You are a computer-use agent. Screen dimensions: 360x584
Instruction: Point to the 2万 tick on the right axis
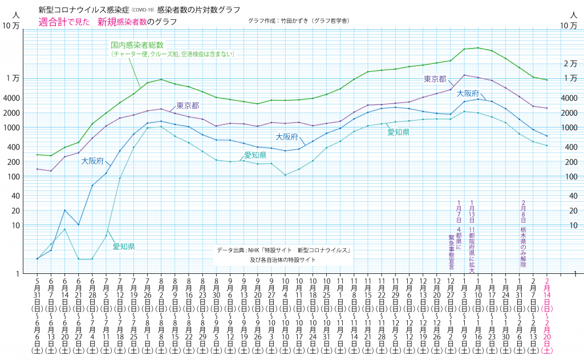[570, 63]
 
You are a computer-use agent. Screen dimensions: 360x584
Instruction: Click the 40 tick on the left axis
[13, 196]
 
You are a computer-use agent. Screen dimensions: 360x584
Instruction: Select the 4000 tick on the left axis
[11, 98]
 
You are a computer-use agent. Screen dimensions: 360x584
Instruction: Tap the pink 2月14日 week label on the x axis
[548, 308]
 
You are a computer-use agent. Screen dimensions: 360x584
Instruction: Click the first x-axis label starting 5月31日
[37, 308]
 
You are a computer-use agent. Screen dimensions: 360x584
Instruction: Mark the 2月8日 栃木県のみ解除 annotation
[523, 234]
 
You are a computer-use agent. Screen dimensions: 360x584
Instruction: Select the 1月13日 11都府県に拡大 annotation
[472, 234]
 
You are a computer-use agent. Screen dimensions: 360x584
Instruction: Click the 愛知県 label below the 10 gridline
[123, 246]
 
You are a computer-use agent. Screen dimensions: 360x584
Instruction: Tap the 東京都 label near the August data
[187, 106]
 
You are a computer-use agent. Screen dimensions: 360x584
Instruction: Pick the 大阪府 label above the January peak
[467, 92]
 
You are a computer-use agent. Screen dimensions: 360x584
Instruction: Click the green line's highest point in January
[477, 48]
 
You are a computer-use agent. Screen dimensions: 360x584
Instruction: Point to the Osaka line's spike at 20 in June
[65, 211]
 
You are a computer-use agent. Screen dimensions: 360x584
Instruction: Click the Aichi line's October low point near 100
[285, 175]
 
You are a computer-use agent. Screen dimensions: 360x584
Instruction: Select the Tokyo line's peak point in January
[464, 75]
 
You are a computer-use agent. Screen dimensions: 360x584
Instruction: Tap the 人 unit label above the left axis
[15, 13]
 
